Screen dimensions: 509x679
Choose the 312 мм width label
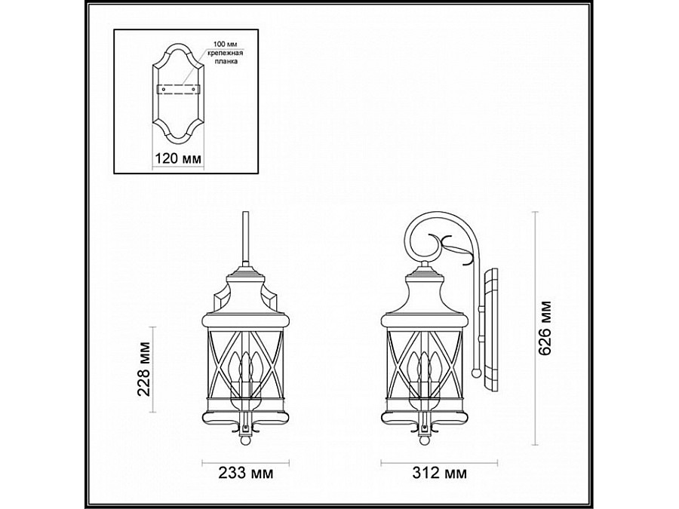pos(440,474)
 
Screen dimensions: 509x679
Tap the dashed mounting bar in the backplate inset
pos(178,89)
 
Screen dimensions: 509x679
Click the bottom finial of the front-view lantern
pos(244,434)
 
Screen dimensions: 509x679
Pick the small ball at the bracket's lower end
pos(475,372)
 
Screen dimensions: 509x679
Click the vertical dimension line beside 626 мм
pos(534,327)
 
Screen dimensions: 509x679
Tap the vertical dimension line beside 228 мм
pos(154,369)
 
